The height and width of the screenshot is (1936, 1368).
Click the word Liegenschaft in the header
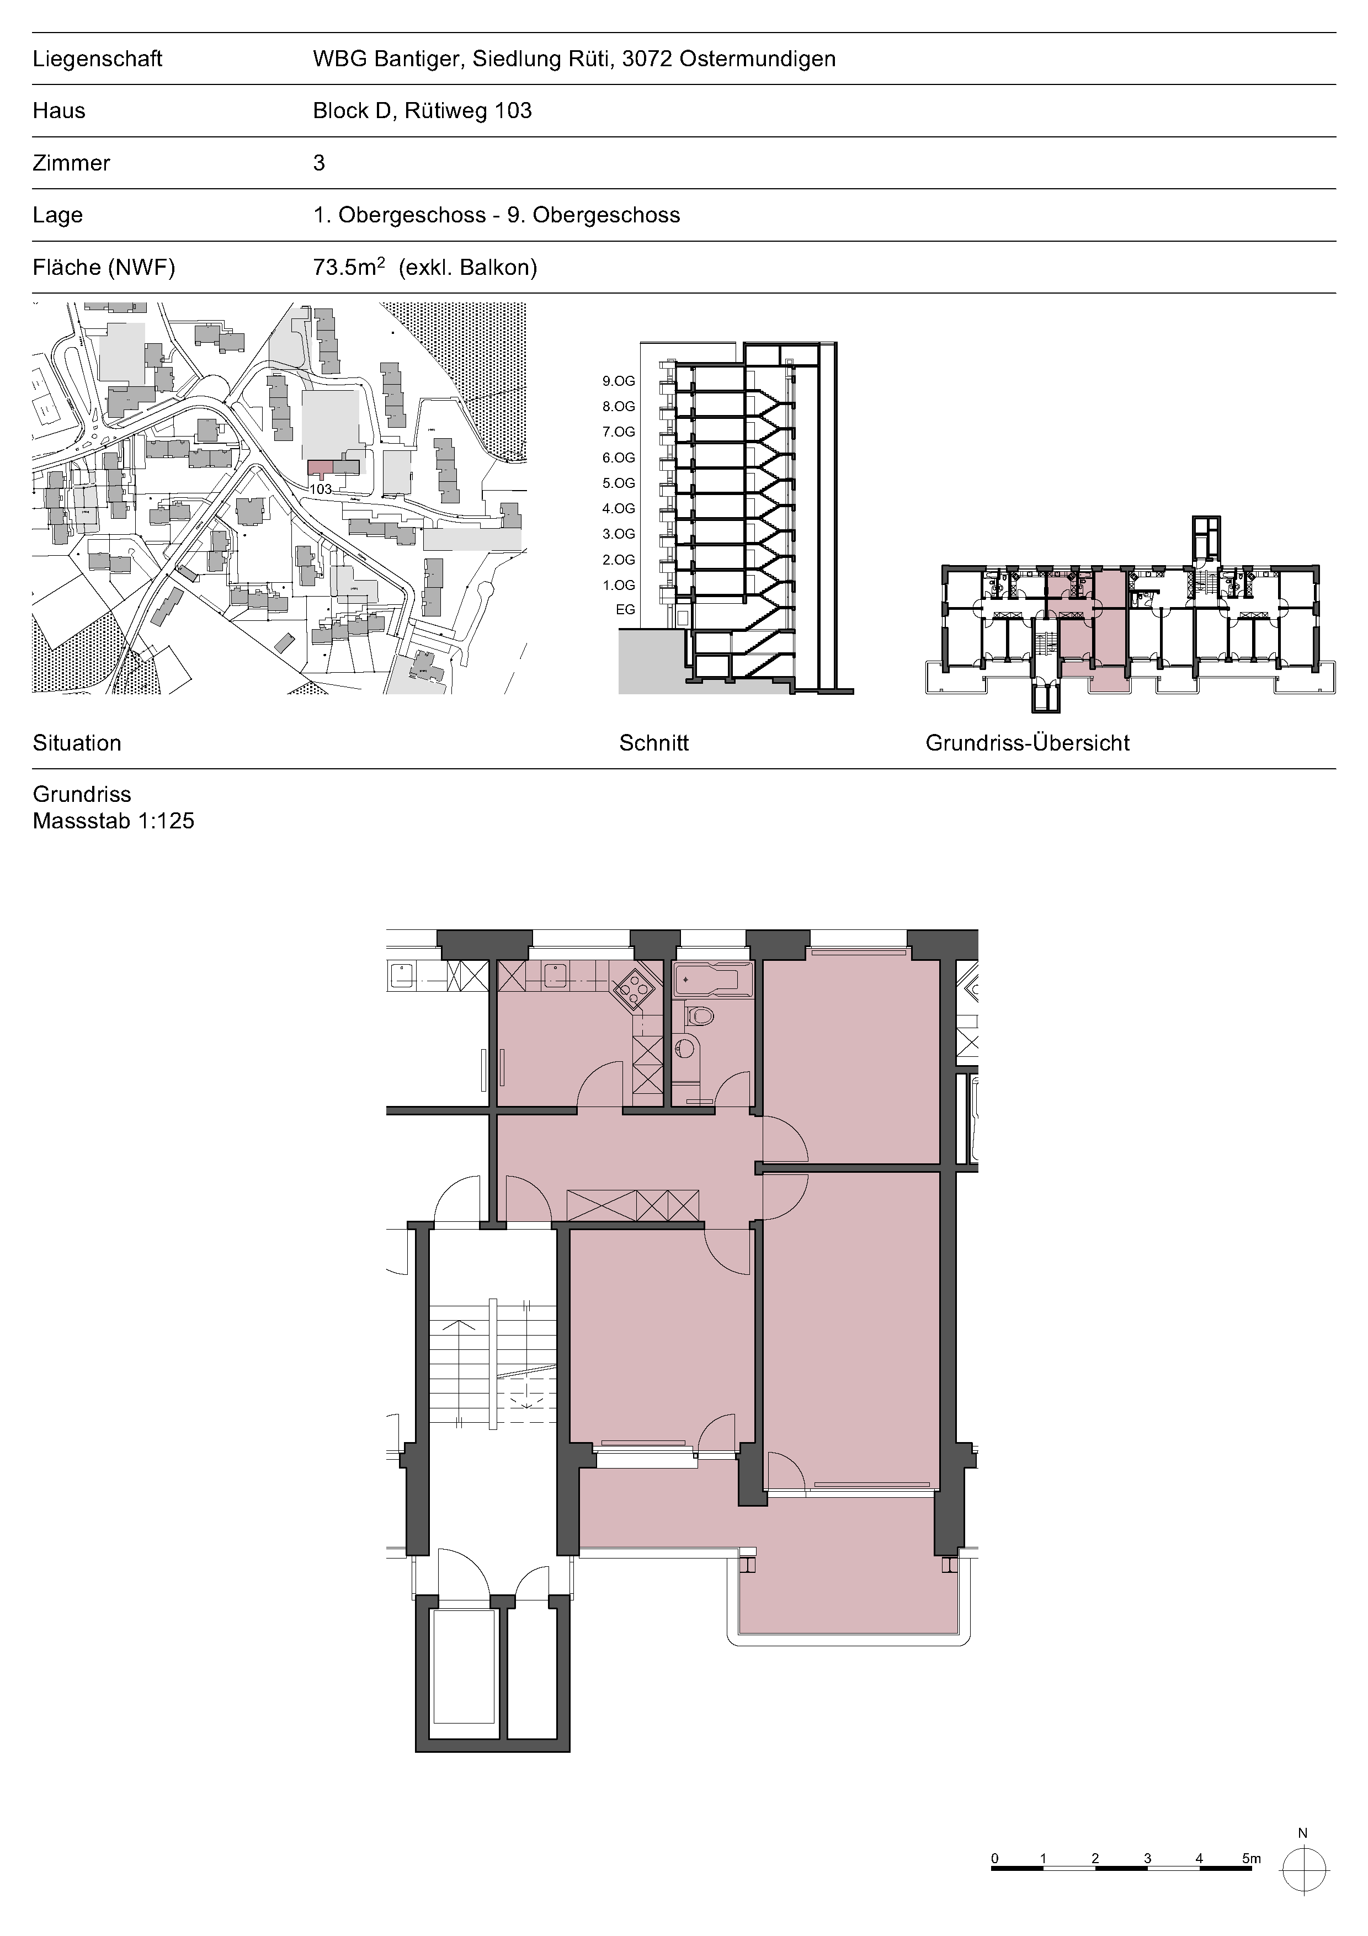tap(97, 59)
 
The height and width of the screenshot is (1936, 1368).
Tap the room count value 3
tap(318, 163)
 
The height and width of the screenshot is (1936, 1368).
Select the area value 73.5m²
tap(349, 267)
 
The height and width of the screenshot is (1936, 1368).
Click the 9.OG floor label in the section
tap(619, 381)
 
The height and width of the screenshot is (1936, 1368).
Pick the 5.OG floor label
tap(619, 483)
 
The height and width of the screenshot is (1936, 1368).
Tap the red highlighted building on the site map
tap(320, 467)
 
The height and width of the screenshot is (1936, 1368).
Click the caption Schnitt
tap(654, 743)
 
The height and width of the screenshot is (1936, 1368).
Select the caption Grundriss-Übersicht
tap(1028, 743)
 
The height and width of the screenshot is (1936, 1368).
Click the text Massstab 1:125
tap(114, 821)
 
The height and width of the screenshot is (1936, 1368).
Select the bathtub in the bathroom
tap(713, 979)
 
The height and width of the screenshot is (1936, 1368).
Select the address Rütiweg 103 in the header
tap(468, 110)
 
